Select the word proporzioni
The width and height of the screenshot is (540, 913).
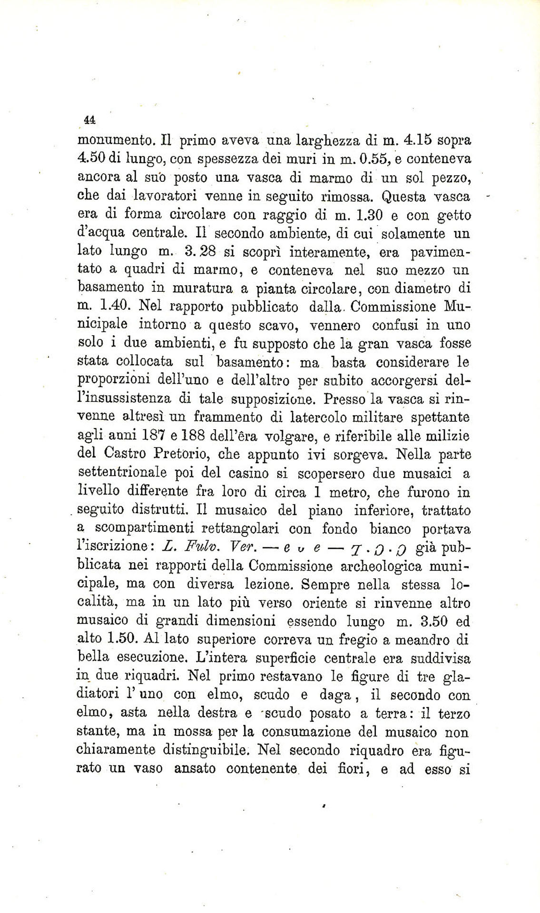pos(113,381)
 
